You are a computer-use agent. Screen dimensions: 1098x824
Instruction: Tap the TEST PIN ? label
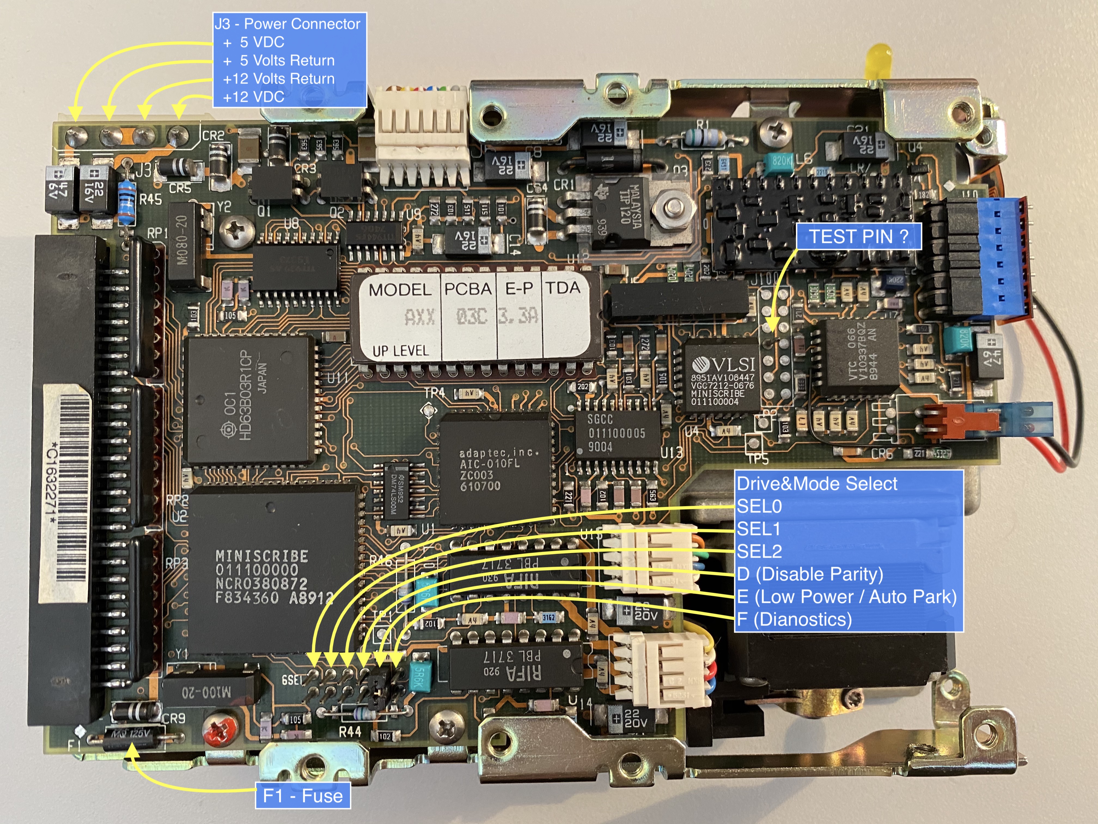coord(858,237)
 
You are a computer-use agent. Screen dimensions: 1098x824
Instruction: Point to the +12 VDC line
coord(254,96)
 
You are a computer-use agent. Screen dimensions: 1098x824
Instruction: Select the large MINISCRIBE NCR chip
coord(270,571)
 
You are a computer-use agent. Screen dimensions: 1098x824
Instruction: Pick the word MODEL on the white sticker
coord(399,290)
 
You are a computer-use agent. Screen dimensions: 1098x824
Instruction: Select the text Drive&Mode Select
coord(816,483)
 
